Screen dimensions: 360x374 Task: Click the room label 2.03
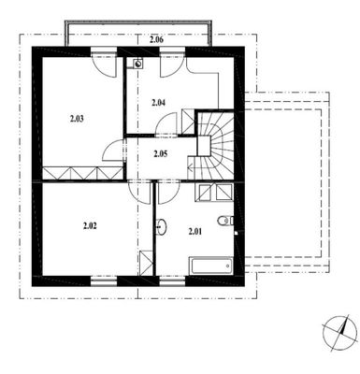tap(77, 119)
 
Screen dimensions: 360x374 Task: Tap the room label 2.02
tap(90, 226)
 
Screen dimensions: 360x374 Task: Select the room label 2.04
tap(158, 103)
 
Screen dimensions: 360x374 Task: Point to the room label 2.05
tap(161, 154)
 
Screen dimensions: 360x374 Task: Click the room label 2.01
tap(195, 231)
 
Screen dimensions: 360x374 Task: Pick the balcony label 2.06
tap(157, 39)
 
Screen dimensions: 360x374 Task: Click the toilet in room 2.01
tap(225, 221)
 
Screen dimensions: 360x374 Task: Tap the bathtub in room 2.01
tap(211, 266)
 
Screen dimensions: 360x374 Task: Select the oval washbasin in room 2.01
tap(162, 226)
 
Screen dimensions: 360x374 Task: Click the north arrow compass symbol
tap(339, 332)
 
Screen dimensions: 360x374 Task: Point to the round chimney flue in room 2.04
tap(137, 64)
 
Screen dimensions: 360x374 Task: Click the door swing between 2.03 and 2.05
tap(114, 151)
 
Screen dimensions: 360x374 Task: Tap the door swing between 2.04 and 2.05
tap(166, 124)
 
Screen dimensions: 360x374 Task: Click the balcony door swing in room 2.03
tap(105, 67)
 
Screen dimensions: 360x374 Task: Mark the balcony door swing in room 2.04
tap(172, 67)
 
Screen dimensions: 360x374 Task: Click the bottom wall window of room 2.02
tap(104, 281)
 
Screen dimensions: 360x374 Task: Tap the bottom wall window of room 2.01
tap(172, 281)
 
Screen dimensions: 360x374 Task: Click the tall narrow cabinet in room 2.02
tap(146, 263)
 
